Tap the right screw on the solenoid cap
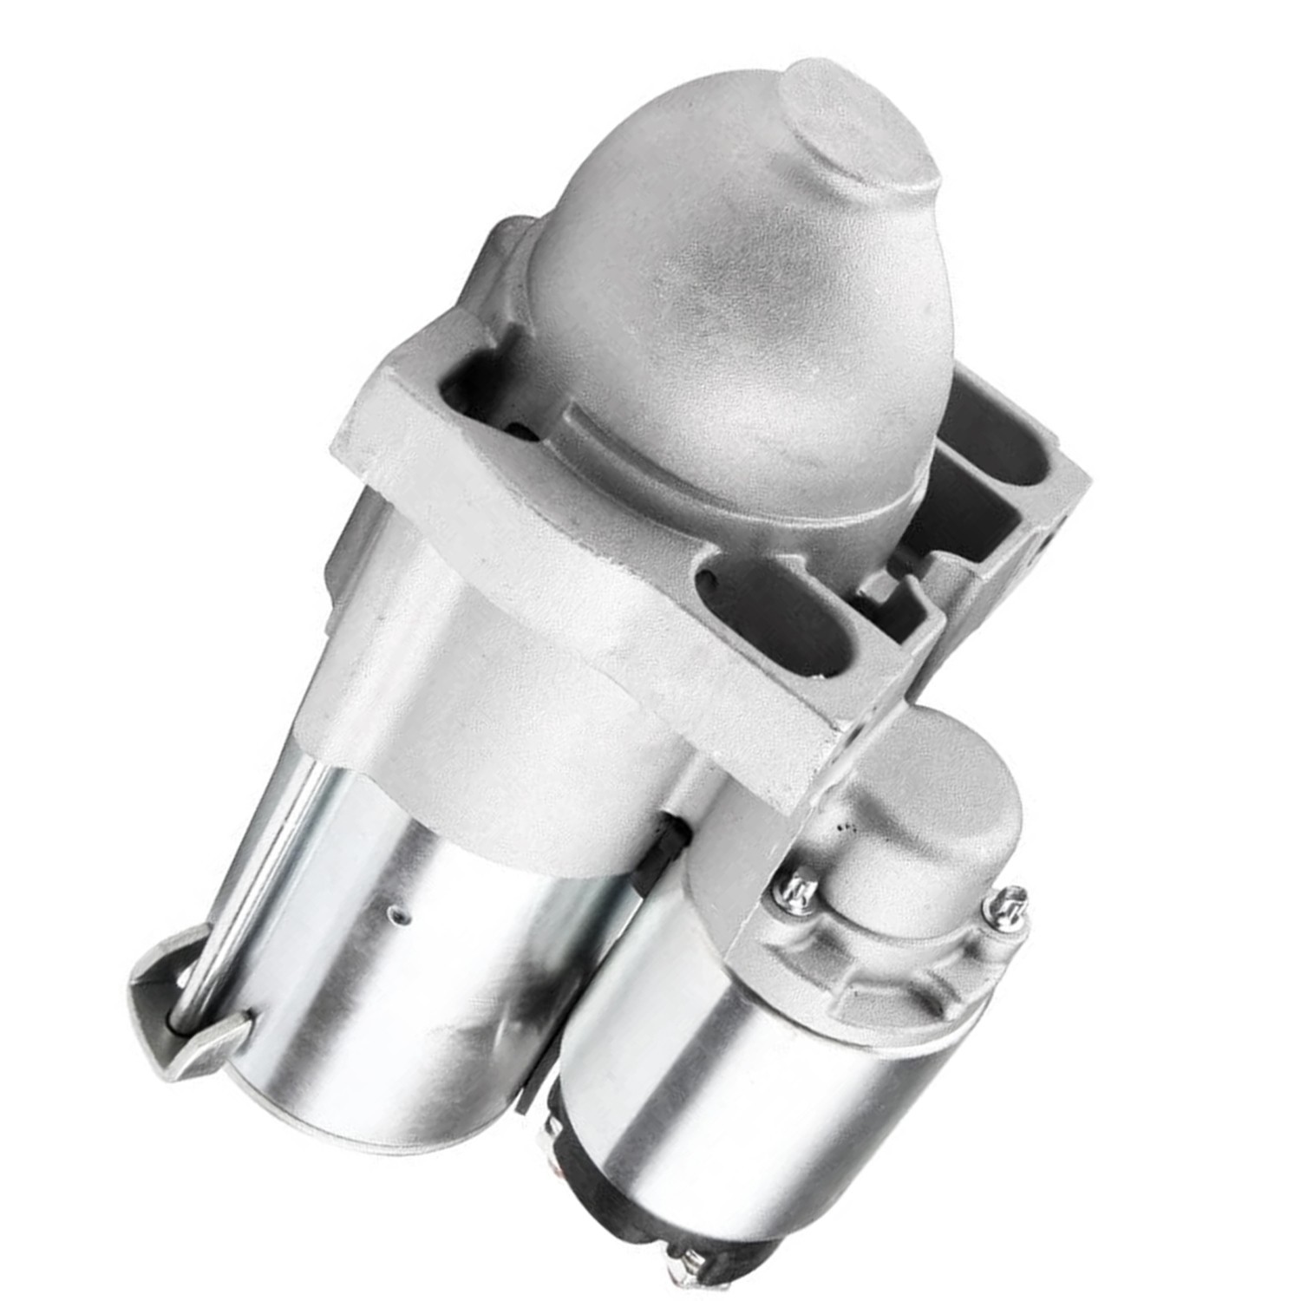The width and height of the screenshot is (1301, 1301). pos(1010,905)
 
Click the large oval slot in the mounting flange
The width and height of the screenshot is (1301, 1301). pos(772,607)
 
